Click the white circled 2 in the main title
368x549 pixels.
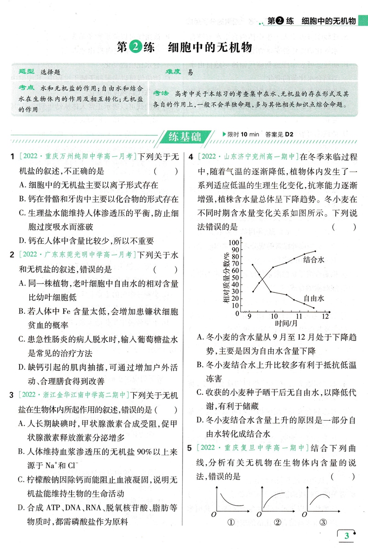[136, 48]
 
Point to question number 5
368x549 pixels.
[190, 448]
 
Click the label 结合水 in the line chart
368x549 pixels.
[313, 260]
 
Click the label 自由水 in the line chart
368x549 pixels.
[313, 298]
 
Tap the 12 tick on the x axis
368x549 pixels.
[325, 316]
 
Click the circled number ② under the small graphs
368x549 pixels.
[278, 522]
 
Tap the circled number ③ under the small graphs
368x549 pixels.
[323, 522]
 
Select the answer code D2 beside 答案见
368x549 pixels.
[289, 134]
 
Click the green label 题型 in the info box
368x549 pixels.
[27, 72]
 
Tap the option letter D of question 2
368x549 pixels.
[22, 368]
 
